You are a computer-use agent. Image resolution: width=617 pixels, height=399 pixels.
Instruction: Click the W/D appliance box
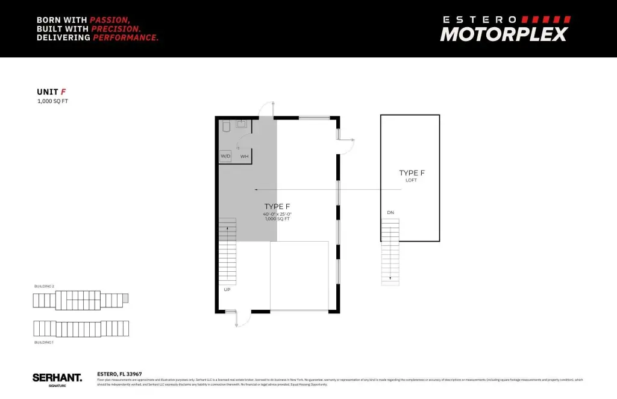(225, 156)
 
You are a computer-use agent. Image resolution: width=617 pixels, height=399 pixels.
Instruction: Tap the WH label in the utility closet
(244, 157)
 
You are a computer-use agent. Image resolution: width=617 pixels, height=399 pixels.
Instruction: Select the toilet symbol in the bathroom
(227, 126)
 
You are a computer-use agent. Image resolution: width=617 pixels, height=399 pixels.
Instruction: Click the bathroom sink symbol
(242, 124)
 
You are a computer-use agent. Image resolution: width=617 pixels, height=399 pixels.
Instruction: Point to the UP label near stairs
(227, 289)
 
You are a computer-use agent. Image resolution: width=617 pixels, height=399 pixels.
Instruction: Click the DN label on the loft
(390, 212)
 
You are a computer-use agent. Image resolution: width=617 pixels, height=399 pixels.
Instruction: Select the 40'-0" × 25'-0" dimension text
(277, 214)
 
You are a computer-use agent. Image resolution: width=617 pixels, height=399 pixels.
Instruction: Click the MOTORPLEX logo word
(504, 34)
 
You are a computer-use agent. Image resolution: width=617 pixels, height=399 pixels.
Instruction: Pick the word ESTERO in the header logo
(479, 19)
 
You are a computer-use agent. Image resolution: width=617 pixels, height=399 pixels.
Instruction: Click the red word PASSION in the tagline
(110, 19)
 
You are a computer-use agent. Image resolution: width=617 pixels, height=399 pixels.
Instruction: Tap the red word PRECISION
(116, 28)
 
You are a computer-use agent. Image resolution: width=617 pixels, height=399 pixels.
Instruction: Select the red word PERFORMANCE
(125, 37)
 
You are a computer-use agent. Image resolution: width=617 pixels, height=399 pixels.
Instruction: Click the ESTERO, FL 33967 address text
(119, 374)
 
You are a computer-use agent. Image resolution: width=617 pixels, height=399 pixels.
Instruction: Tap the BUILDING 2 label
(44, 286)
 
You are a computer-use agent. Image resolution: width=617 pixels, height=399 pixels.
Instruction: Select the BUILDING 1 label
(44, 342)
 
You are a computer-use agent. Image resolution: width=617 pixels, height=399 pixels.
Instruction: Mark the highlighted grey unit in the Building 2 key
(125, 298)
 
